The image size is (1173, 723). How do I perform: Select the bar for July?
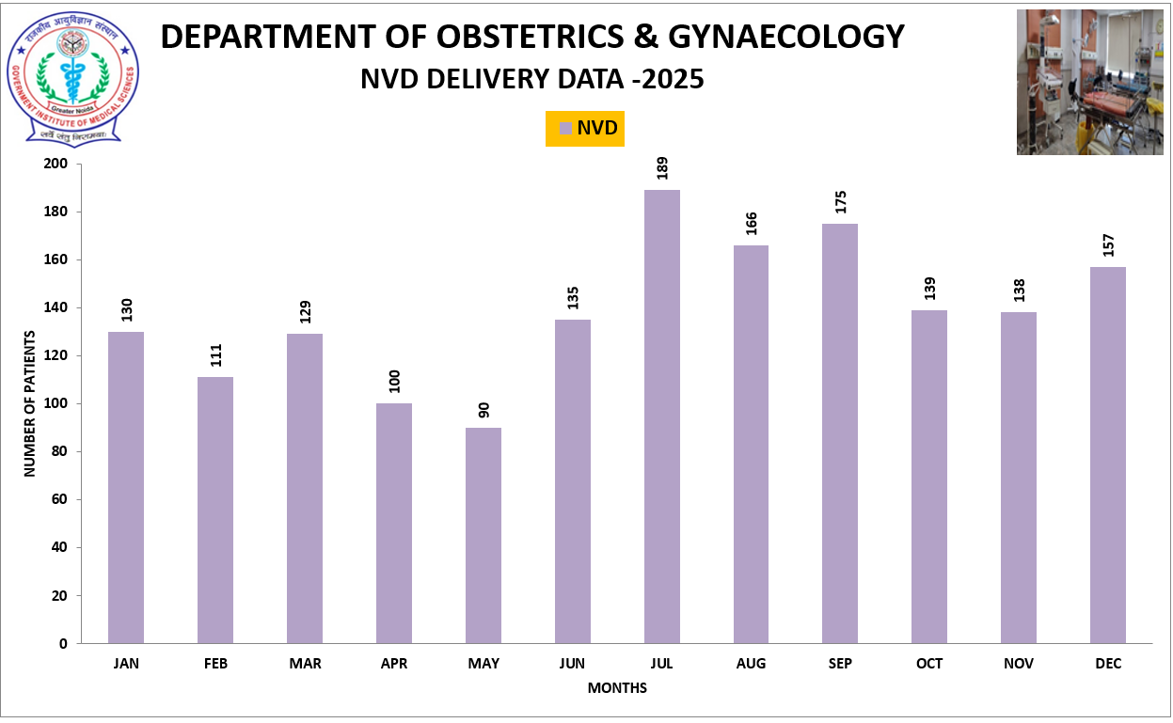[x=661, y=417]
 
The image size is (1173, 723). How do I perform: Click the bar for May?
[x=483, y=535]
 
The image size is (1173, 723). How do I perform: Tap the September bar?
[x=840, y=432]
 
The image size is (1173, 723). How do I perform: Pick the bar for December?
[x=1107, y=455]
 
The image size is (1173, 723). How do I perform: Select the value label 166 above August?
[x=751, y=223]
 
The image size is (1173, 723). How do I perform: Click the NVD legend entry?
[x=586, y=128]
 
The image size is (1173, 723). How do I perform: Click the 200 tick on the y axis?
[x=57, y=164]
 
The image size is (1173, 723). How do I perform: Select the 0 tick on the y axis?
[x=63, y=644]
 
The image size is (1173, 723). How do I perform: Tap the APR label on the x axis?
[x=394, y=664]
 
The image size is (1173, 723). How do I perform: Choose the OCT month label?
[x=929, y=664]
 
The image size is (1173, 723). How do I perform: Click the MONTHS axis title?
[x=617, y=688]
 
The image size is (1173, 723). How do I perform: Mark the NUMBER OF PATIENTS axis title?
[x=30, y=403]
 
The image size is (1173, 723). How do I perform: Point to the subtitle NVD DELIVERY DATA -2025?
[x=531, y=80]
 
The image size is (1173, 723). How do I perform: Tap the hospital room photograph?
[x=1089, y=83]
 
